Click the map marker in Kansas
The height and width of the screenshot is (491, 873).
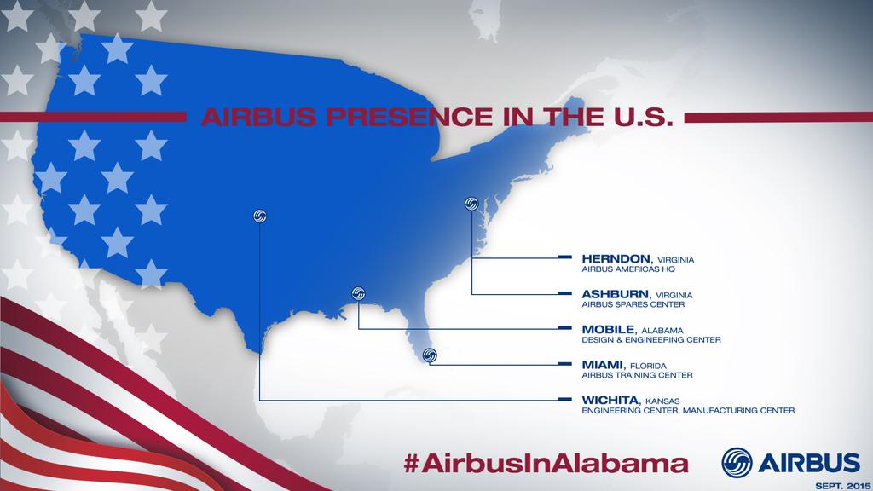click(x=259, y=216)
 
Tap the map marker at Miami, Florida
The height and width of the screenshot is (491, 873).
click(x=430, y=355)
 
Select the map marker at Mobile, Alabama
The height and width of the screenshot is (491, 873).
click(x=359, y=293)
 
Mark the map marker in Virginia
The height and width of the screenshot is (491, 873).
click(x=471, y=204)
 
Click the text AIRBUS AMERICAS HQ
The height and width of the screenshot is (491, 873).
click(x=628, y=269)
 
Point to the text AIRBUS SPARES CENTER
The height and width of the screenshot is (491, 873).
click(x=633, y=304)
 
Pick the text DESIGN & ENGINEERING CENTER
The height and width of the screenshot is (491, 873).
click(x=651, y=339)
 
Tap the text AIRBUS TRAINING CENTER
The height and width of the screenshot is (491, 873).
click(x=638, y=375)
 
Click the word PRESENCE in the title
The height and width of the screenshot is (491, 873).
click(x=410, y=117)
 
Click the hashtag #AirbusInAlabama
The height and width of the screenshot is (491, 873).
click(x=546, y=463)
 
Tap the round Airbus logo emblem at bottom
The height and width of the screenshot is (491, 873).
click(x=737, y=463)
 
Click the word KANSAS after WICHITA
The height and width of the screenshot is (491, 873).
click(x=662, y=401)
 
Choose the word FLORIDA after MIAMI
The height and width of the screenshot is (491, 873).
click(x=648, y=367)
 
